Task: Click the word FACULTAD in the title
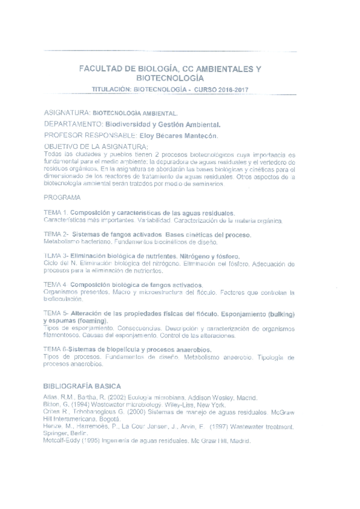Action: pyautogui.click(x=100, y=69)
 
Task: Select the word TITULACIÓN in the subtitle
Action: pyautogui.click(x=112, y=89)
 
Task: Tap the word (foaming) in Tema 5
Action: pyautogui.click(x=89, y=322)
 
